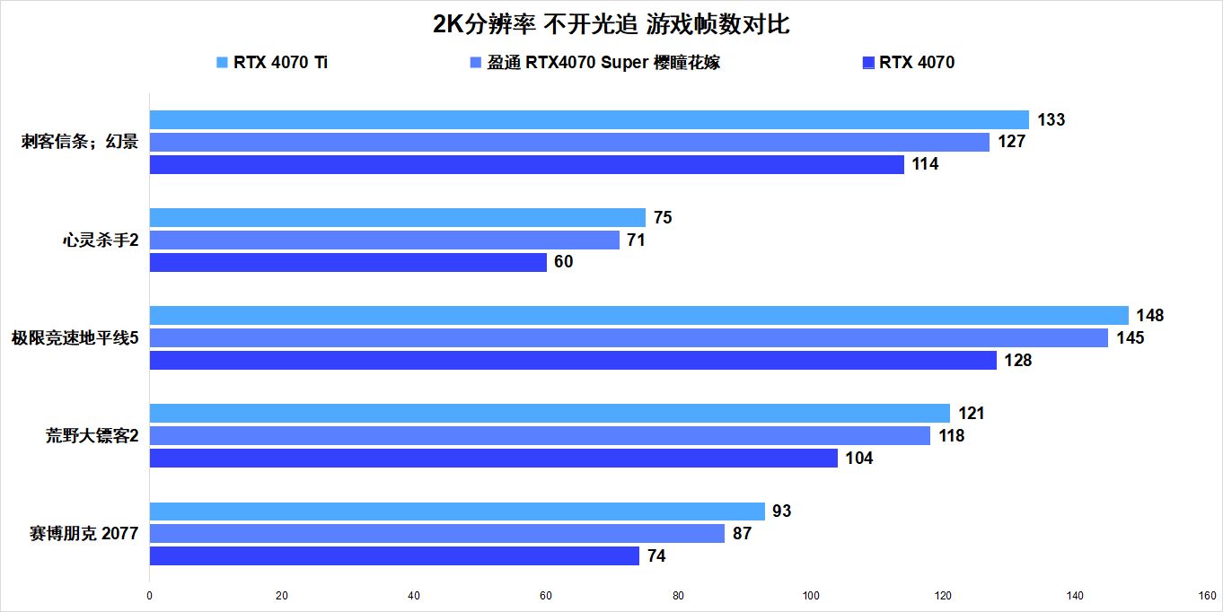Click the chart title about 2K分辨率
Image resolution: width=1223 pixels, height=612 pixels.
611,24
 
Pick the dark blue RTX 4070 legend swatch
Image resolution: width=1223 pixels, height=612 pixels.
868,63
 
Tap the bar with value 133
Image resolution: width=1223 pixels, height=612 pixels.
589,119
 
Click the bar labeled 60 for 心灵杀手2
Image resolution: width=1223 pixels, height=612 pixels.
348,262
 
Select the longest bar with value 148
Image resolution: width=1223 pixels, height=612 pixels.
638,315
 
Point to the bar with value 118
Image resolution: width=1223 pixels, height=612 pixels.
540,435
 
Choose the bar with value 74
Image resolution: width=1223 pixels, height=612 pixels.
394,556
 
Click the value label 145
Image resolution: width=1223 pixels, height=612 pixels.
1131,338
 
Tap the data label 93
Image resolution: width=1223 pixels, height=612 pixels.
781,511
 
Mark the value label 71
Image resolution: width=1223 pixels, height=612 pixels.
636,240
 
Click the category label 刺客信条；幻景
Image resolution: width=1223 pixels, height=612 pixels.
80,142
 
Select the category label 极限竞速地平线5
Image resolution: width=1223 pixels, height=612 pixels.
75,338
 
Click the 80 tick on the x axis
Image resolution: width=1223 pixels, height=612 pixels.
678,595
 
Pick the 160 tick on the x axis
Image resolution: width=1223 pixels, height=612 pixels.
1207,595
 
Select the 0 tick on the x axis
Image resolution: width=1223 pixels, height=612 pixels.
149,595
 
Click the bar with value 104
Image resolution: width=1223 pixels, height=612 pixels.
493,459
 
